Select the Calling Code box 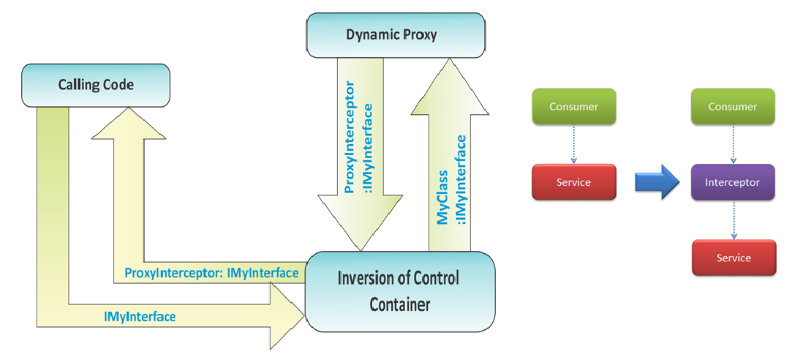point(96,85)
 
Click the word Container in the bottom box point(400,303)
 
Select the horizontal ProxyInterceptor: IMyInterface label point(211,273)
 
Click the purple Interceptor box point(733,181)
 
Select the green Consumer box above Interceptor point(733,106)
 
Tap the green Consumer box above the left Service point(573,106)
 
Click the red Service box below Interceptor point(733,258)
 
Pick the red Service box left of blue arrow point(573,182)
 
